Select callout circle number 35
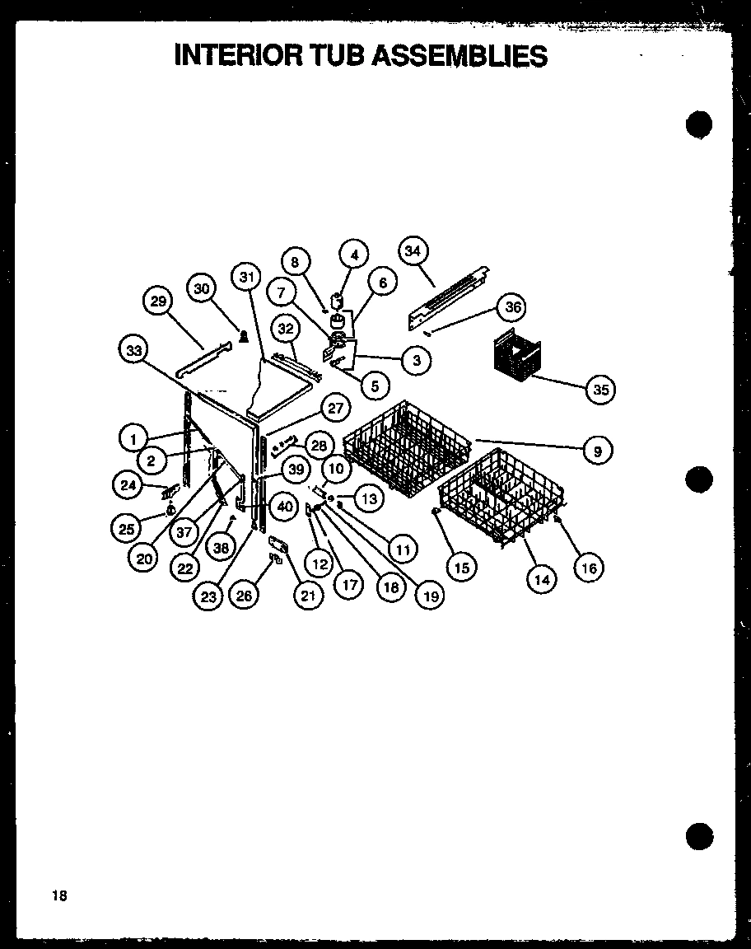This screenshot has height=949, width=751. pyautogui.click(x=601, y=390)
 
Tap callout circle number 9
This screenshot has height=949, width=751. pyautogui.click(x=599, y=451)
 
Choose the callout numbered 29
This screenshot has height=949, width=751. pyautogui.click(x=158, y=302)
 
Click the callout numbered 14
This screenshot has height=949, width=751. pyautogui.click(x=542, y=579)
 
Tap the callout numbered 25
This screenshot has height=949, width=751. pyautogui.click(x=126, y=529)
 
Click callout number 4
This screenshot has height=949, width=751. pyautogui.click(x=354, y=255)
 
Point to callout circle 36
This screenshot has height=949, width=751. pyautogui.click(x=513, y=308)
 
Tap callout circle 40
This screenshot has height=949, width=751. pyautogui.click(x=283, y=507)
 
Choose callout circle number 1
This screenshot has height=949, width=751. pyautogui.click(x=133, y=438)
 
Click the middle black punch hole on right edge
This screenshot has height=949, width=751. pyautogui.click(x=698, y=479)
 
